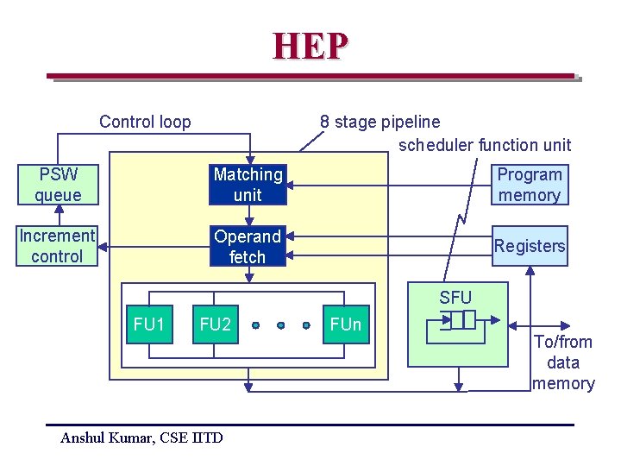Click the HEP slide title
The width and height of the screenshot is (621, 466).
point(310,46)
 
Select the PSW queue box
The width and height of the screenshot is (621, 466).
point(58,185)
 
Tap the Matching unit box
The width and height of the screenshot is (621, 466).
point(248,185)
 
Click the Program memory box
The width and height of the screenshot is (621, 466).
point(529,185)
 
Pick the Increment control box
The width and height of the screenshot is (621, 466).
point(57,246)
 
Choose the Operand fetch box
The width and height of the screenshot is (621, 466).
point(248,246)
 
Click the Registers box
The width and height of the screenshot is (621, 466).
point(529,246)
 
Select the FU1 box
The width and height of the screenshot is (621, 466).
point(148,324)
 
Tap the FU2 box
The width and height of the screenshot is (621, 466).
point(215,324)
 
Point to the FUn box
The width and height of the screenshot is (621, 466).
point(346,324)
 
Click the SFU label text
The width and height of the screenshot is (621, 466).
point(455,298)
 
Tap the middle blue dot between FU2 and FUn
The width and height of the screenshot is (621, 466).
point(280,325)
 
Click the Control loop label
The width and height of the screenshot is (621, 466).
point(145,122)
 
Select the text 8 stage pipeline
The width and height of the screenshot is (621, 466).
point(379,122)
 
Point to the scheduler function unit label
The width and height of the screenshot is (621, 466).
point(484,145)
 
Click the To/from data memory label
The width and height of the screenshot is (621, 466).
point(563,362)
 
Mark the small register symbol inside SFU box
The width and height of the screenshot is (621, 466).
point(457,320)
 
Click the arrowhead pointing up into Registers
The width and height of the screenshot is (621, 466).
point(530,269)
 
